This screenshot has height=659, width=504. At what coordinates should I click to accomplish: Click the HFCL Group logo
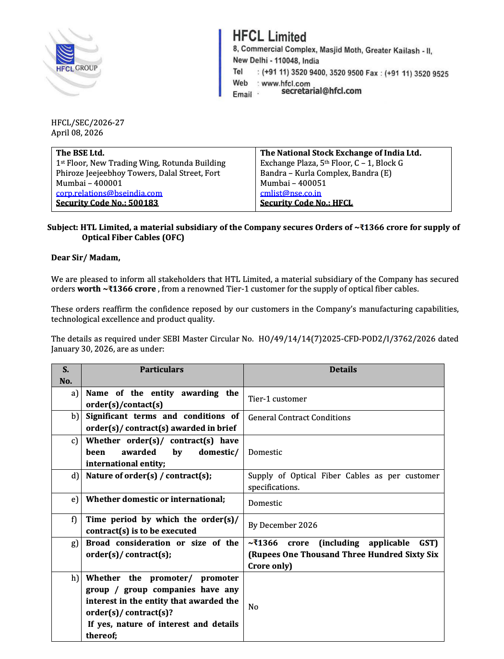tap(72, 62)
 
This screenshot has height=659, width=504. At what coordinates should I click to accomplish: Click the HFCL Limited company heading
tap(269, 37)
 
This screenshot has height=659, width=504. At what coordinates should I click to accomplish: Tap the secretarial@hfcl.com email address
tap(321, 91)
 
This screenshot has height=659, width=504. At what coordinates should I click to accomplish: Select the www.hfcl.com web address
tap(286, 84)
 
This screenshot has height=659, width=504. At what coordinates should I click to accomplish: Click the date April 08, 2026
tap(77, 133)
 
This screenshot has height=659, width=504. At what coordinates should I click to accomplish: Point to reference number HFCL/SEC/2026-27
tap(88, 123)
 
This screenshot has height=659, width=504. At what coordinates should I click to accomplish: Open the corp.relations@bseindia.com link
tap(109, 193)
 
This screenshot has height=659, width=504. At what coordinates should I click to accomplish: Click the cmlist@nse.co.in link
tap(290, 193)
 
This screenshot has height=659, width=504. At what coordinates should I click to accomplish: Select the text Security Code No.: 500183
tap(107, 203)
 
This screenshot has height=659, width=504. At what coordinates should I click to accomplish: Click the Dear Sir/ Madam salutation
tap(86, 258)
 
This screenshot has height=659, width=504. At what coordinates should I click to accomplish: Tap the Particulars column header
tap(162, 370)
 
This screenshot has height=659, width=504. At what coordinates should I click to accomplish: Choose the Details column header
tap(343, 370)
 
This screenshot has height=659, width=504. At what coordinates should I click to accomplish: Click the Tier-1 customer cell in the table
tap(277, 399)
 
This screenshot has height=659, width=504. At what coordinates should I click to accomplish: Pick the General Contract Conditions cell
tap(300, 418)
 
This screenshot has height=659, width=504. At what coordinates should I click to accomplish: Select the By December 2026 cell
tap(283, 525)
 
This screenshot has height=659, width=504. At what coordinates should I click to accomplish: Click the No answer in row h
tap(253, 607)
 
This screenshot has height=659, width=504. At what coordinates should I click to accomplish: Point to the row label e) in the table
tap(75, 500)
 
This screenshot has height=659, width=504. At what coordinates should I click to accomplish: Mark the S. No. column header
tap(66, 375)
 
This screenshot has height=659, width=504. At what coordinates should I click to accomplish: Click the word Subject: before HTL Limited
tap(62, 228)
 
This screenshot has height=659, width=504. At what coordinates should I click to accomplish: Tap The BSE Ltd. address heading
tap(80, 153)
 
